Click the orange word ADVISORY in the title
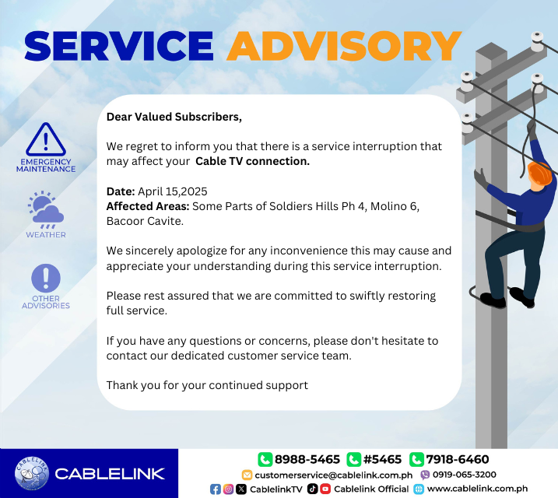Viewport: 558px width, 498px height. click(344, 47)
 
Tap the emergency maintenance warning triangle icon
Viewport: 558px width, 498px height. click(47, 140)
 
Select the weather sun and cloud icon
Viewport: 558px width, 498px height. click(46, 209)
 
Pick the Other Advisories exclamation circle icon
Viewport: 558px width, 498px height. click(46, 279)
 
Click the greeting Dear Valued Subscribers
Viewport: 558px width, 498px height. click(174, 117)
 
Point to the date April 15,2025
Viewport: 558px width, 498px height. click(173, 191)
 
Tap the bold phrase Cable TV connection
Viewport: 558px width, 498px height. click(252, 161)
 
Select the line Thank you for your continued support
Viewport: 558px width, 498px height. click(207, 385)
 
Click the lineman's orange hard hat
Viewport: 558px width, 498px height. click(539, 173)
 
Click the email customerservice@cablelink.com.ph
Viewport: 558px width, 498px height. click(333, 475)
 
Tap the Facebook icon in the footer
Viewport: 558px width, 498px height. click(216, 489)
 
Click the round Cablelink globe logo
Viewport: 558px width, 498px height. click(31, 473)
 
